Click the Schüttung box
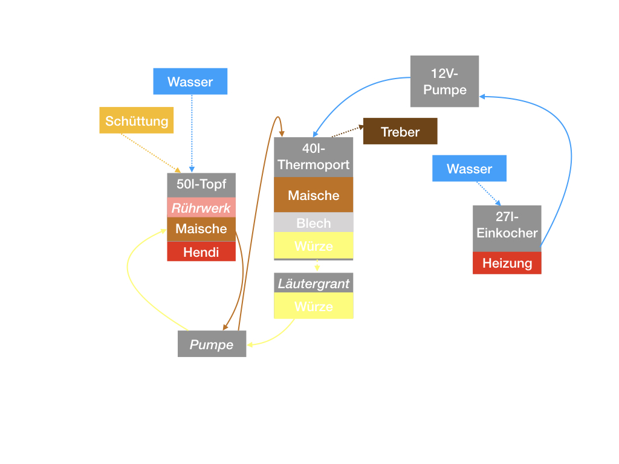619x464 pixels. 137,121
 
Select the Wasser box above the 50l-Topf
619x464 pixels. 190,82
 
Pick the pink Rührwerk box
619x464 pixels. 201,208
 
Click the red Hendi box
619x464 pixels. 201,251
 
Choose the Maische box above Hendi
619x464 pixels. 201,229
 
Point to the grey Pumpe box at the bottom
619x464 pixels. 212,344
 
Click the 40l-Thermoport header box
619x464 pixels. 313,157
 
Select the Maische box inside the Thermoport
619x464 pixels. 313,195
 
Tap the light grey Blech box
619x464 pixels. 313,222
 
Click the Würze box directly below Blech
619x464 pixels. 313,246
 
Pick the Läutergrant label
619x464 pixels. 313,283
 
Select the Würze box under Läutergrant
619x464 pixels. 313,306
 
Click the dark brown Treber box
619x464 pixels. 400,132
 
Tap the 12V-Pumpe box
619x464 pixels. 444,82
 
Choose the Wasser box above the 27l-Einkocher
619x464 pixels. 469,169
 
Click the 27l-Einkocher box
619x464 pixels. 507,225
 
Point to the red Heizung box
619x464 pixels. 507,263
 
